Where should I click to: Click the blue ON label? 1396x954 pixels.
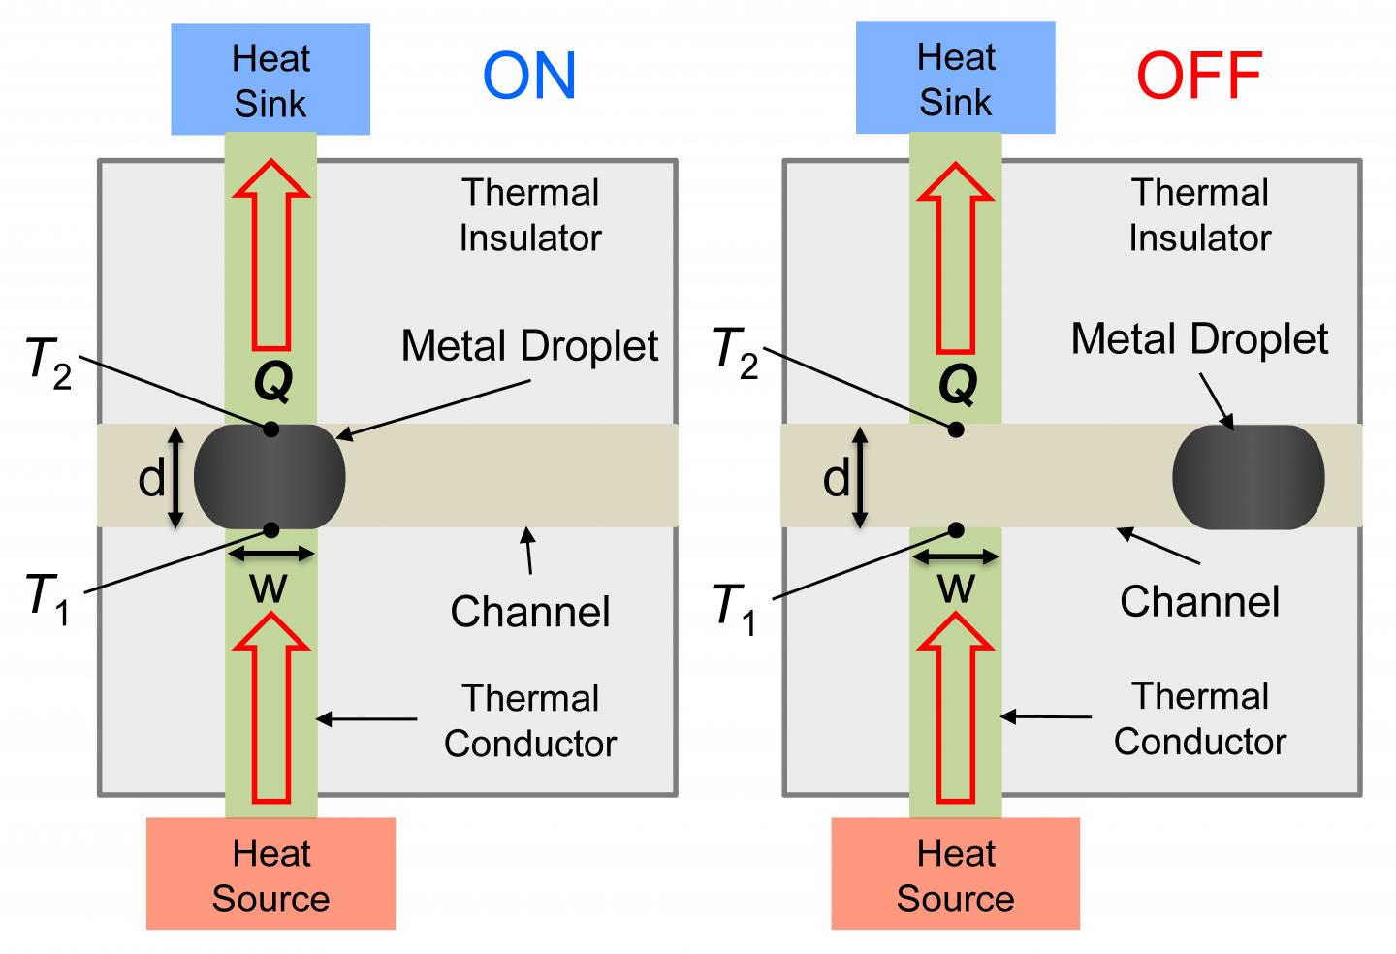coord(529,76)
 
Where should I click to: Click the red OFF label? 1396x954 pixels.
coord(1199,76)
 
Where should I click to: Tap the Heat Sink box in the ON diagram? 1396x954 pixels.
coord(270,79)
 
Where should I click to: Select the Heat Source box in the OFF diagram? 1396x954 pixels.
coord(955,874)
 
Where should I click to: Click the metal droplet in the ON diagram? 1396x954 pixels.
coord(270,477)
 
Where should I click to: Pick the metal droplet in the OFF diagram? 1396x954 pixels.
coord(1249,477)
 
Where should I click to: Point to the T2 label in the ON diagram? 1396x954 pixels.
coord(48,361)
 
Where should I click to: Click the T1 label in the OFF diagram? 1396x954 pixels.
coord(734,609)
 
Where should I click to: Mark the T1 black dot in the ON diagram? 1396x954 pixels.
coord(271,529)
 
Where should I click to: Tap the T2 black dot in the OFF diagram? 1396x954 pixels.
coord(956,429)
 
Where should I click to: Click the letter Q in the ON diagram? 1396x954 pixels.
coord(272,384)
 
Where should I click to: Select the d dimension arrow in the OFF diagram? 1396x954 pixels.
coord(859,478)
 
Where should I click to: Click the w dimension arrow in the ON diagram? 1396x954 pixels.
coord(271,555)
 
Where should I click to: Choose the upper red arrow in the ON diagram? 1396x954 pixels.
coord(271,255)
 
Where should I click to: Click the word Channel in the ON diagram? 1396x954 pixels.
coord(530,612)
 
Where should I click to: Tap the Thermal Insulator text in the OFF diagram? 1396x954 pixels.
coord(1199,215)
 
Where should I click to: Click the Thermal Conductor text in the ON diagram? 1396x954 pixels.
coord(530,720)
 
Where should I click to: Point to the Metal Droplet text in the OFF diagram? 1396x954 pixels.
coord(1199,339)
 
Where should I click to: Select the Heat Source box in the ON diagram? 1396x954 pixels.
coord(270,874)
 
